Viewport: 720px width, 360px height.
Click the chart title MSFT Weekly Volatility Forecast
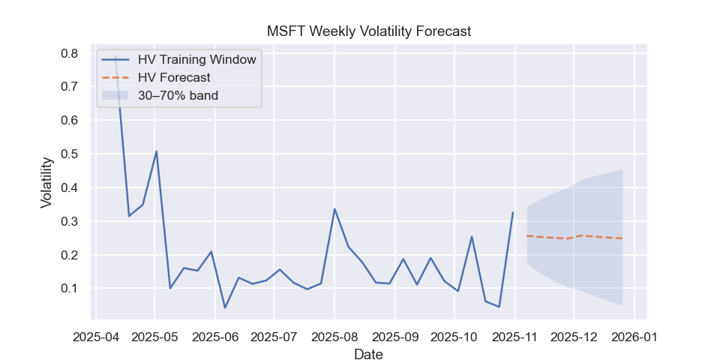(x=369, y=31)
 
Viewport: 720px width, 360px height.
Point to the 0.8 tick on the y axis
(x=70, y=53)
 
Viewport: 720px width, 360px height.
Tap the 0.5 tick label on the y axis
(x=70, y=154)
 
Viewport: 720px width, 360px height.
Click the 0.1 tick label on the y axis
(x=70, y=289)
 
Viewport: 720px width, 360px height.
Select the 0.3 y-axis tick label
(x=70, y=221)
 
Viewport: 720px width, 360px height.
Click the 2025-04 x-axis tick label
(x=96, y=337)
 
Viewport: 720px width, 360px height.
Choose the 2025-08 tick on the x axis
(x=334, y=337)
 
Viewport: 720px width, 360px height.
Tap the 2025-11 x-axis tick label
(x=514, y=337)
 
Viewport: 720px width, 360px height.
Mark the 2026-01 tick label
(x=634, y=337)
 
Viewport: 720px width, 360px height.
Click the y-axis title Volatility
(x=46, y=181)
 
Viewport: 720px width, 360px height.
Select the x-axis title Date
(x=368, y=354)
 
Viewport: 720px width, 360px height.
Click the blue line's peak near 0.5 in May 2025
(x=156, y=151)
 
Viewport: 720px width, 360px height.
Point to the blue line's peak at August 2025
(x=334, y=209)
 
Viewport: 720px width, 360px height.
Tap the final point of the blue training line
(x=513, y=212)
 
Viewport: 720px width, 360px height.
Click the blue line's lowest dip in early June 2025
(x=225, y=307)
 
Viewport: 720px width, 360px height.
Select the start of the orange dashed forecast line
(x=527, y=235)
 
